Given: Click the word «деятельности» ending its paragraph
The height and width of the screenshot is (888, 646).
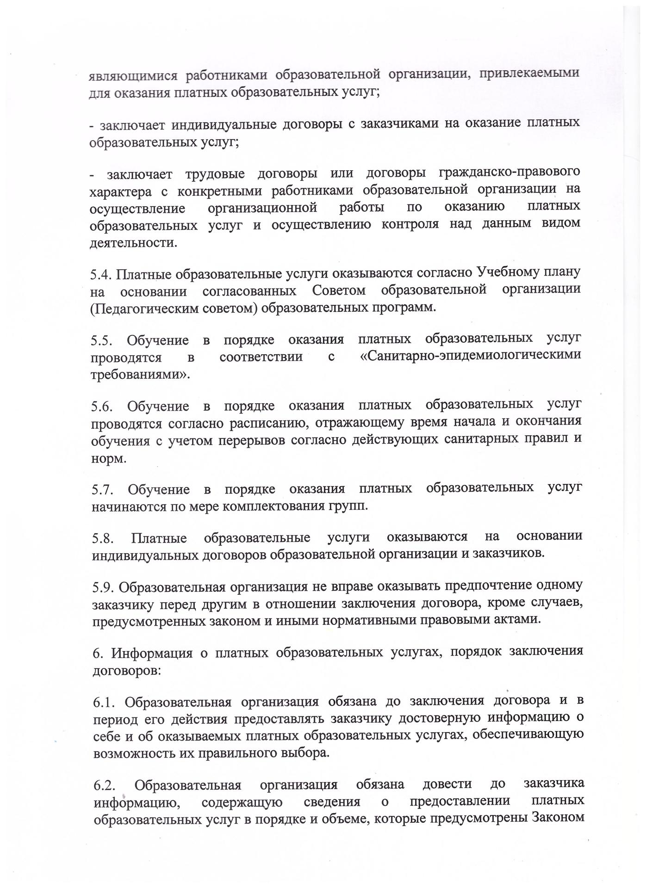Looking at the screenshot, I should pyautogui.click(x=133, y=242).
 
